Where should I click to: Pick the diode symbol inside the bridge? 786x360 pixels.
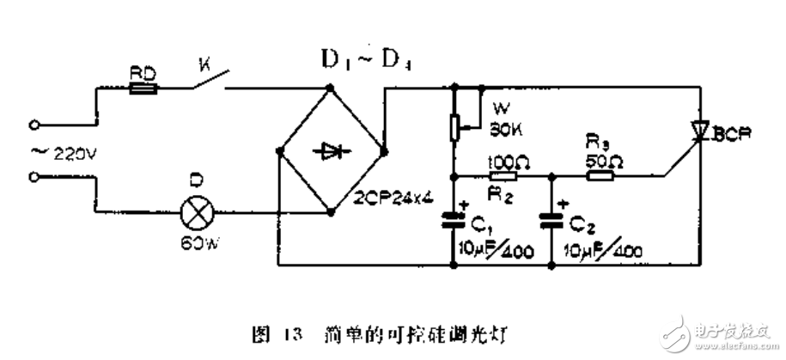point(331,151)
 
